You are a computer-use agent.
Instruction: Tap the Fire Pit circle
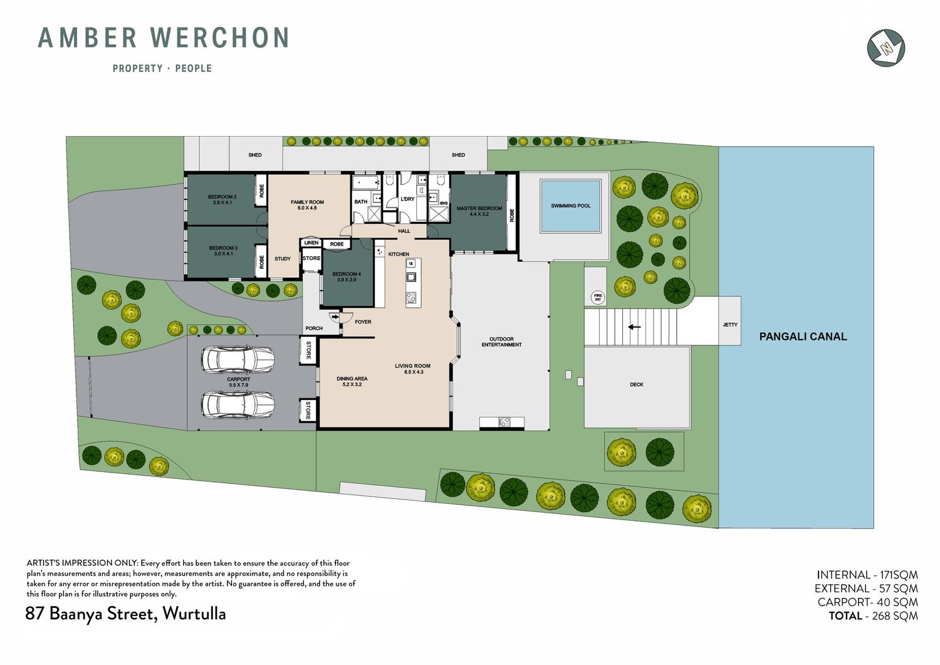pyautogui.click(x=598, y=298)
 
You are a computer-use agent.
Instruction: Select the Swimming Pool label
pyautogui.click(x=571, y=206)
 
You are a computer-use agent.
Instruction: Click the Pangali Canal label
pyautogui.click(x=803, y=337)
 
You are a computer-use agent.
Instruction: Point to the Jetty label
pyautogui.click(x=730, y=325)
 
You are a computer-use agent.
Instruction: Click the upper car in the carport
pyautogui.click(x=238, y=360)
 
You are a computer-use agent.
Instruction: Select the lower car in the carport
pyautogui.click(x=238, y=405)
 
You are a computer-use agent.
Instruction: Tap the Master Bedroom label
pyautogui.click(x=479, y=211)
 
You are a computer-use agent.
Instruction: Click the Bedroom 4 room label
pyautogui.click(x=347, y=276)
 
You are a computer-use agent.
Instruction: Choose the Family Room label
pyautogui.click(x=307, y=205)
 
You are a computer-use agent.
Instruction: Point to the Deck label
pyautogui.click(x=637, y=384)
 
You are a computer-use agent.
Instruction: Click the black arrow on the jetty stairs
pyautogui.click(x=634, y=327)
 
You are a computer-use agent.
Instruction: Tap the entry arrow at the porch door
pyautogui.click(x=335, y=317)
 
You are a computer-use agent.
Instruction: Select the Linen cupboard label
pyautogui.click(x=311, y=243)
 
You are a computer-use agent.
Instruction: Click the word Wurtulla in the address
pyautogui.click(x=194, y=614)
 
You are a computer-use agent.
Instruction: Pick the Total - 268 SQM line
pyautogui.click(x=874, y=616)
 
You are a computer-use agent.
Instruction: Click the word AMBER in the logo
pyautogui.click(x=87, y=38)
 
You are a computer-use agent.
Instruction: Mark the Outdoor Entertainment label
pyautogui.click(x=501, y=342)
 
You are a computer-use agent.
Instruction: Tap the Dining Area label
pyautogui.click(x=352, y=381)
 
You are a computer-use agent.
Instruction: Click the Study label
pyautogui.click(x=283, y=259)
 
